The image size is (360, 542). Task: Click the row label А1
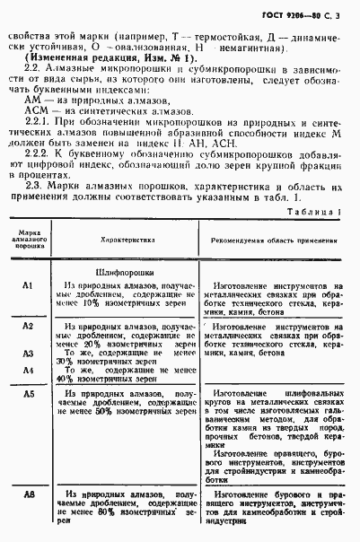[x=28, y=284]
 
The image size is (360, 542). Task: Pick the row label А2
[x=28, y=325]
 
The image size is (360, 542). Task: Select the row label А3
[x=28, y=354]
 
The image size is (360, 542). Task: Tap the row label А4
[x=28, y=370]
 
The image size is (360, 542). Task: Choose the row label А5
[x=28, y=394]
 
